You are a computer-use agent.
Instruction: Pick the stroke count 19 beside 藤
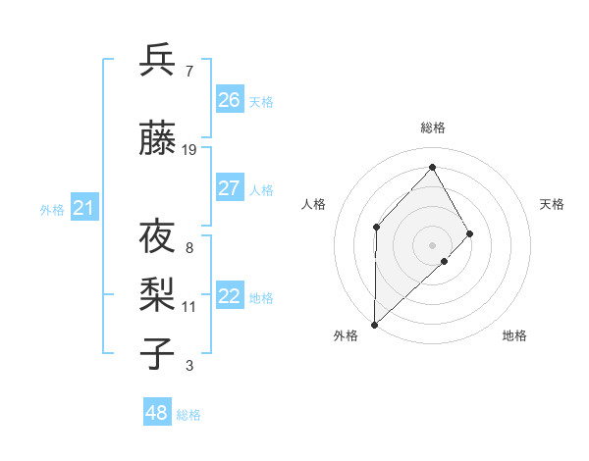point(189,150)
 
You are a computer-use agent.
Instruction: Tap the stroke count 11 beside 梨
point(189,307)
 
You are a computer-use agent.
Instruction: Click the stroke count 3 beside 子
point(189,367)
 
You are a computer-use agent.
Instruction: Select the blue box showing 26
point(229,100)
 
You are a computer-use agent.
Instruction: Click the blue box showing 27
point(229,188)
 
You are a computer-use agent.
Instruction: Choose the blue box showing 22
point(229,296)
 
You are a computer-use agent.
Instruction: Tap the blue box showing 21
point(84,208)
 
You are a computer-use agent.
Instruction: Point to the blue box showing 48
point(157,413)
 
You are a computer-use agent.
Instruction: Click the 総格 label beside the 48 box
point(188,415)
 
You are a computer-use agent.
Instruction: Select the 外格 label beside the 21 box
point(52,210)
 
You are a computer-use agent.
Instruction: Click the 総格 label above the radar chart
point(432,128)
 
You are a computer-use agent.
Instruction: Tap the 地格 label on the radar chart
point(514,336)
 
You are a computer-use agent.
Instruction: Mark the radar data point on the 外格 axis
point(374,324)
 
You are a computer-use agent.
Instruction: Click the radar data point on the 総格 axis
point(432,168)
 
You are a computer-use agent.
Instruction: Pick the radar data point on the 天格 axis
point(470,233)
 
